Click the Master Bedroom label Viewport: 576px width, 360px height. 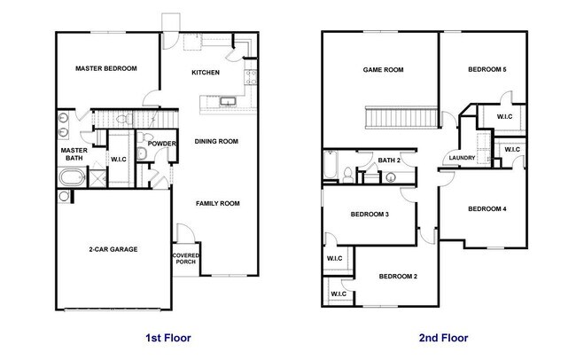[105, 68]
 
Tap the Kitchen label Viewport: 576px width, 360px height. [206, 73]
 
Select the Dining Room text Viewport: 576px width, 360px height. [216, 141]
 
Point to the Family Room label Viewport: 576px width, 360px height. [218, 203]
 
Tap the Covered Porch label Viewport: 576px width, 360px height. [185, 258]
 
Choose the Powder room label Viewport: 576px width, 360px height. [161, 144]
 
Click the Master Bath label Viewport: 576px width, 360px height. [72, 154]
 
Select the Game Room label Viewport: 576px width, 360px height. [384, 69]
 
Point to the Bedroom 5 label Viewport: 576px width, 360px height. [486, 69]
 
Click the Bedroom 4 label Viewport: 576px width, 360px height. [486, 208]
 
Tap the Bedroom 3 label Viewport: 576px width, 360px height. [370, 215]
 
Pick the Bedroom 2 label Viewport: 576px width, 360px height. [398, 276]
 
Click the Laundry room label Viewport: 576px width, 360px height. [462, 159]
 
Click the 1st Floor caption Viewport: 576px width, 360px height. [167, 338]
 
